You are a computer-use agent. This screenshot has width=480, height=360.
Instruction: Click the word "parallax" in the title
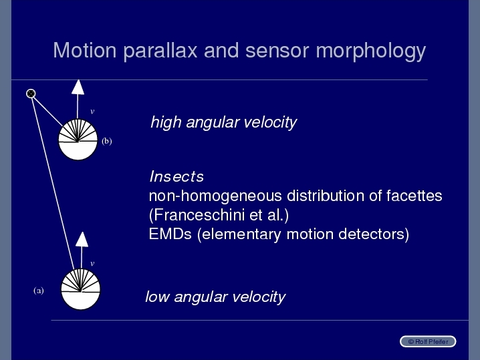coord(160,51)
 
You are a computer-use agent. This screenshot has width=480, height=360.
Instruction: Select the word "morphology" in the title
coord(371,51)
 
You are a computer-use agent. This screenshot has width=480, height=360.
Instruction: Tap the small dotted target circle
coord(31,94)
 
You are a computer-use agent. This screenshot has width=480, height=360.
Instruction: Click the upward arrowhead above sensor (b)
coord(78,87)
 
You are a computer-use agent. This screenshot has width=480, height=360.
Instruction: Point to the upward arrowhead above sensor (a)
coord(82,239)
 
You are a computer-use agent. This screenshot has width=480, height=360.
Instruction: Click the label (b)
coord(107,141)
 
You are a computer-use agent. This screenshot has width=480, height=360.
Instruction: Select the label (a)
coord(39,291)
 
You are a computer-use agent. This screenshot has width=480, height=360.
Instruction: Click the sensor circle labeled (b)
coord(78,140)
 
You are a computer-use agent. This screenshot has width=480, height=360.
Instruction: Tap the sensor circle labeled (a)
coord(80,289)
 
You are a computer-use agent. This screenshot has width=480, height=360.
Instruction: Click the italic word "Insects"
coord(176,176)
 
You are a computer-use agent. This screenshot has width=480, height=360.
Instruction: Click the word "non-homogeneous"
coord(215,196)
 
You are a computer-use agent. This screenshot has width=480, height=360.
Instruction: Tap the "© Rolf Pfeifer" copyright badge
coord(428,341)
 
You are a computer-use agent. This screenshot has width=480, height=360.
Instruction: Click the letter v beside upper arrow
coord(92,112)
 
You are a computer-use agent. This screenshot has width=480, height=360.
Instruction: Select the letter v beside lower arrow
coord(92,263)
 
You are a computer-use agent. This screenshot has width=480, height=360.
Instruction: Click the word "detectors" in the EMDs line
coord(372,234)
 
